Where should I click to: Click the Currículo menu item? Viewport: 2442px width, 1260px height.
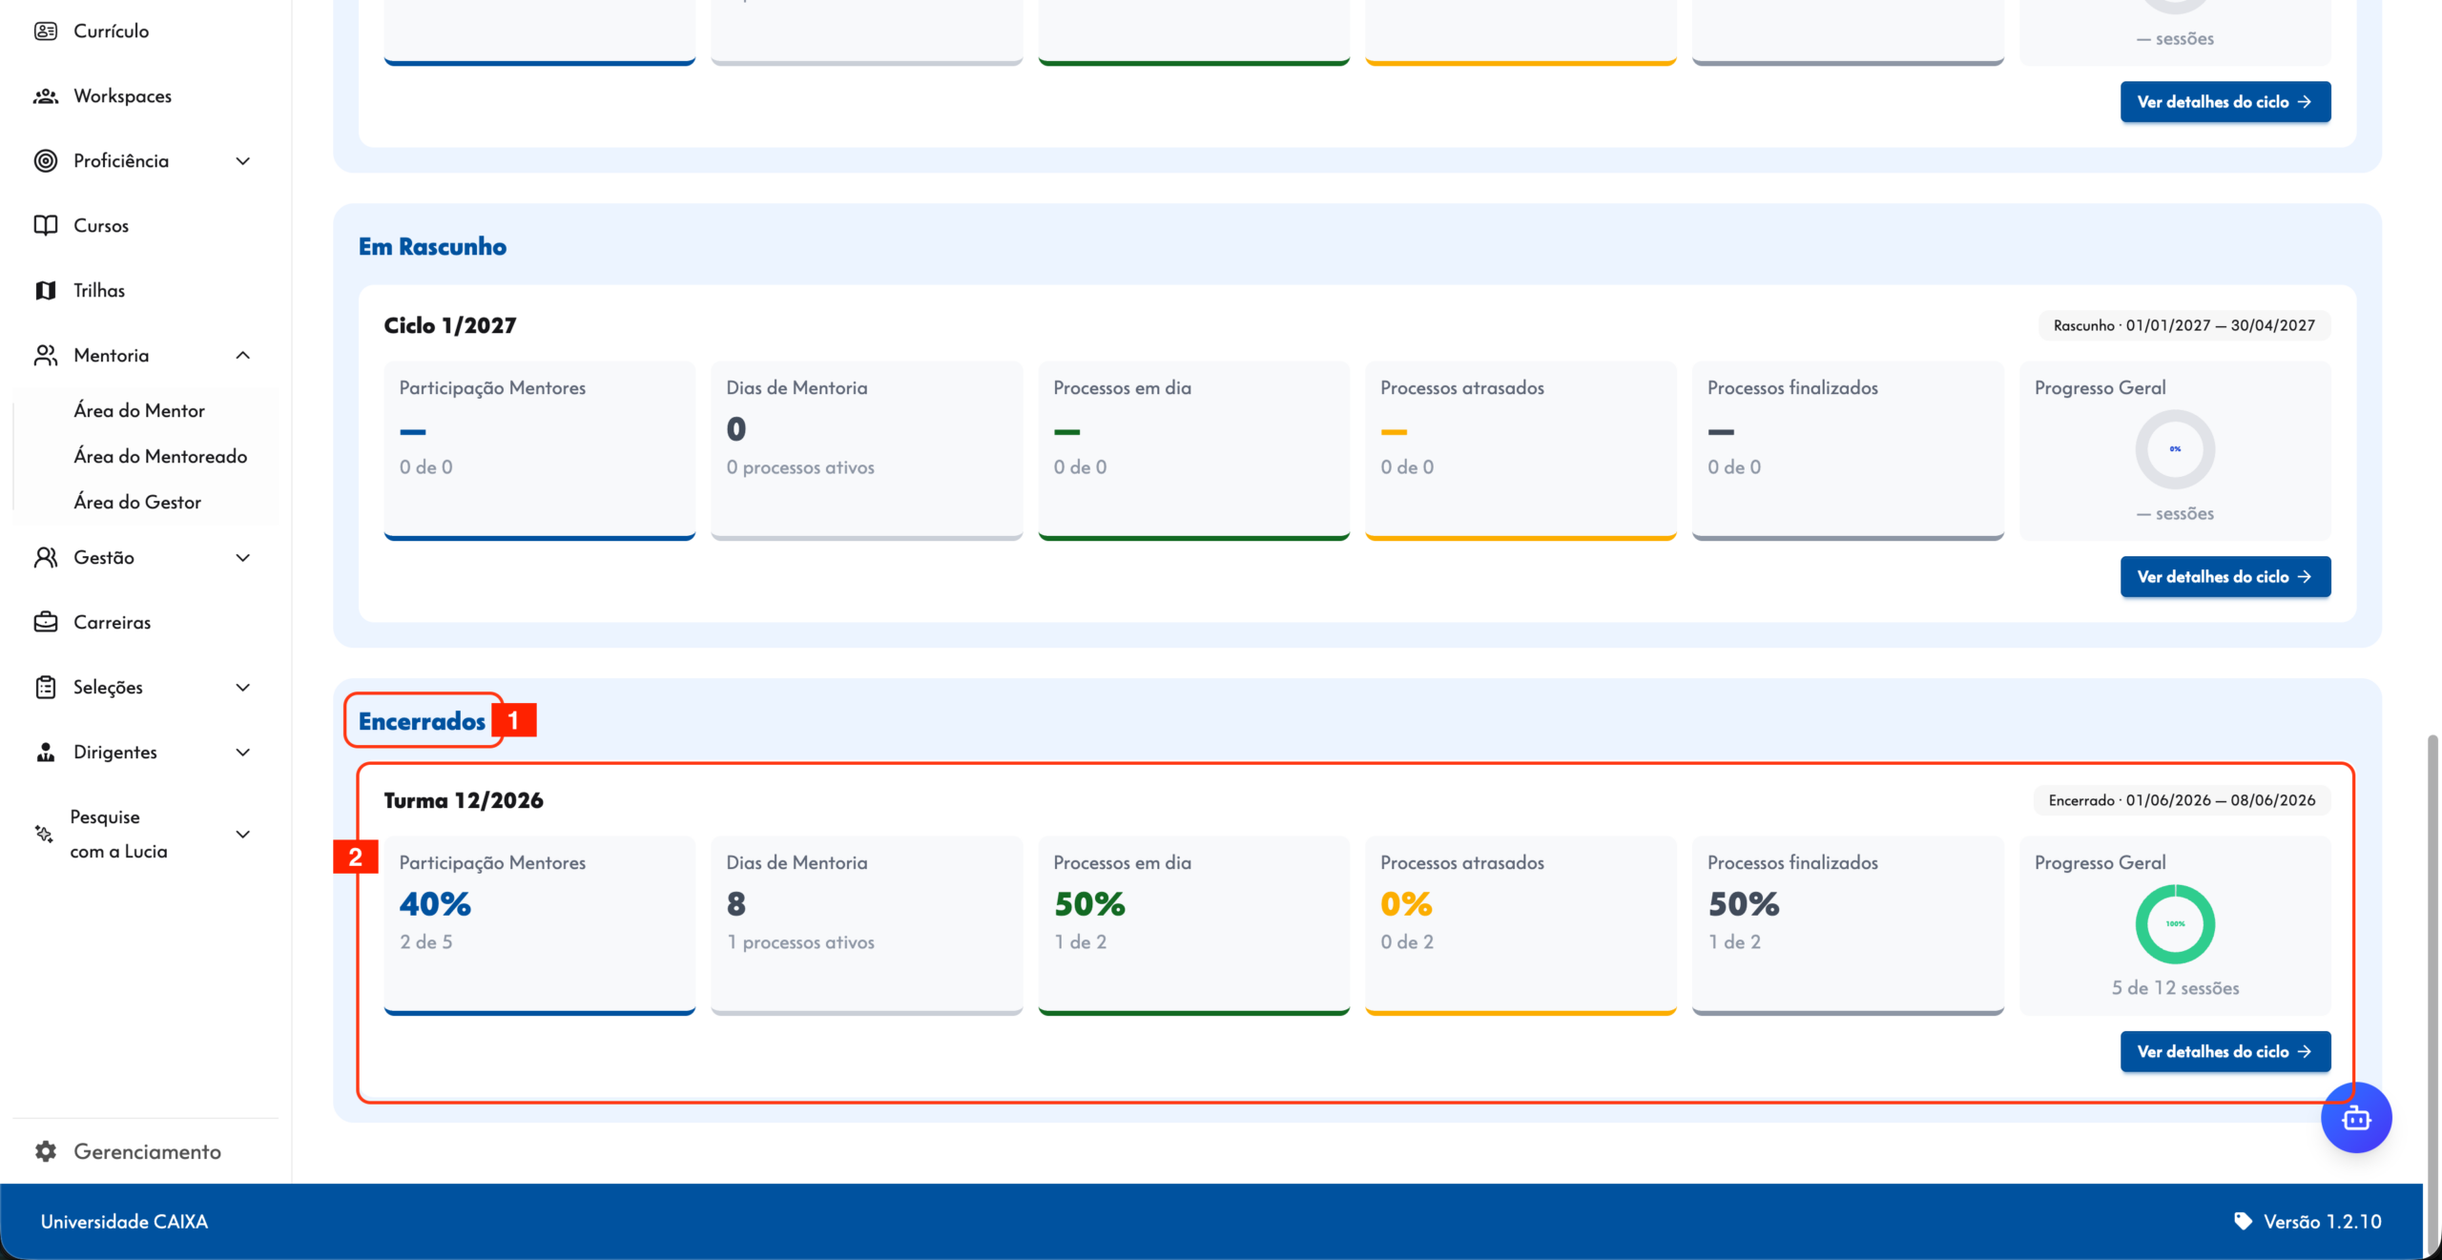tap(111, 31)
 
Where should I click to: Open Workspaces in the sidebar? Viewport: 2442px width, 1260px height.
tap(122, 96)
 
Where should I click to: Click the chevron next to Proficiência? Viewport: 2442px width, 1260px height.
tap(243, 161)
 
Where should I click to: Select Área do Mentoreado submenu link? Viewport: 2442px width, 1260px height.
tap(160, 457)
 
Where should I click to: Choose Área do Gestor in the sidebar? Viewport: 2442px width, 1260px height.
tap(137, 503)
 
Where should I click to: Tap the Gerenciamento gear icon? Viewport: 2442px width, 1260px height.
tap(46, 1151)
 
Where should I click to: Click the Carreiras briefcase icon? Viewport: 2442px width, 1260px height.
tap(46, 622)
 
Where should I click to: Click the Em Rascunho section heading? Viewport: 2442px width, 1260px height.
tap(432, 246)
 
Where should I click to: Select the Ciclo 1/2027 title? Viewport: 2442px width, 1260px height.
tap(450, 325)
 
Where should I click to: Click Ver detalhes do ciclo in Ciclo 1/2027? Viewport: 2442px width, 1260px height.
tap(2225, 577)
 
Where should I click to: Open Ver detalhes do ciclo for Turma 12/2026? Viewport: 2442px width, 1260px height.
tap(2225, 1051)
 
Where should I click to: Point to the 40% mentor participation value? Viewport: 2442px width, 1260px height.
tap(435, 903)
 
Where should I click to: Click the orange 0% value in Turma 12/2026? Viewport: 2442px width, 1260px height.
tap(1406, 903)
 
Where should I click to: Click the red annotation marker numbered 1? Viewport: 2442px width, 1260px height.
tap(514, 720)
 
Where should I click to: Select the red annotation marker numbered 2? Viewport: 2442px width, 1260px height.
tap(356, 857)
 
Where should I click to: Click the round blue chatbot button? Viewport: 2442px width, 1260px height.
tap(2356, 1118)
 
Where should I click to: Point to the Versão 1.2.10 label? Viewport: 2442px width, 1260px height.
tap(2323, 1222)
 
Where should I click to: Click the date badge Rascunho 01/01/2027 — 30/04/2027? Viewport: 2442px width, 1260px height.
tap(2184, 325)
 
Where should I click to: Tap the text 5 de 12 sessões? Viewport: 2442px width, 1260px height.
tap(2175, 988)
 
